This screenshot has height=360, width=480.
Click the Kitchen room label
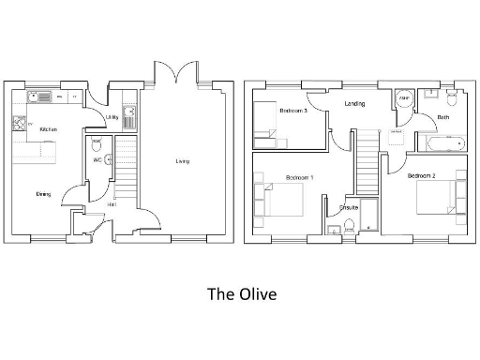tap(49, 129)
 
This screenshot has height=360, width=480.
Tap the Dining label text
tap(43, 194)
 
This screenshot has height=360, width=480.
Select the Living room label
tap(182, 161)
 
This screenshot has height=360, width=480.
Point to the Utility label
tap(112, 117)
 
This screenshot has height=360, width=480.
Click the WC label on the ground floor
tap(97, 159)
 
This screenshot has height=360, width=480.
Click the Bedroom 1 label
tap(300, 177)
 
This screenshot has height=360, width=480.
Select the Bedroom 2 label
tap(421, 176)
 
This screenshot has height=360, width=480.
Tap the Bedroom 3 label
tap(293, 111)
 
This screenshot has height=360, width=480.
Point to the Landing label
tap(354, 104)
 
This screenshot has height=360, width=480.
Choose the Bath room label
tap(443, 117)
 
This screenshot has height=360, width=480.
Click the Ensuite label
tap(350, 208)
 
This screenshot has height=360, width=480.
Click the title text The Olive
tap(242, 294)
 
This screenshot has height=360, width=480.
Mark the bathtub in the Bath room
tap(441, 144)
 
